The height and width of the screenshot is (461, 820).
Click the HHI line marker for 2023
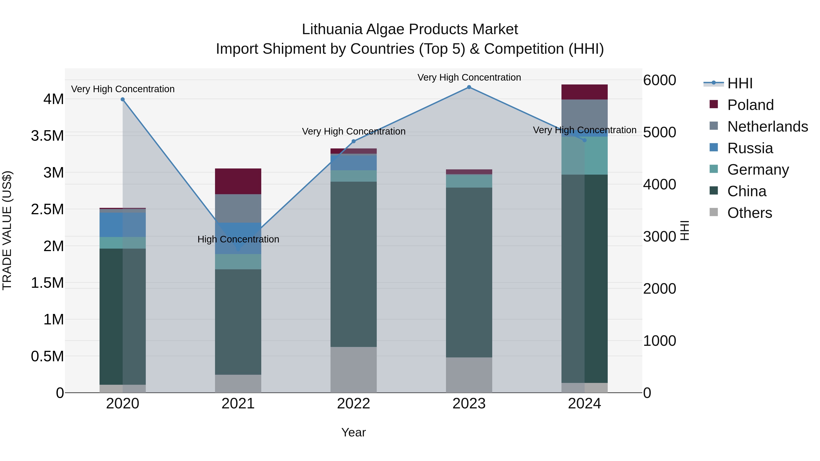(469, 87)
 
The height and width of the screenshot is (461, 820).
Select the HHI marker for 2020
(123, 99)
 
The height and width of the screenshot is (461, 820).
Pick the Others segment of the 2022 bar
(353, 369)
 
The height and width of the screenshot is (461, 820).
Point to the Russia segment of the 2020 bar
(123, 225)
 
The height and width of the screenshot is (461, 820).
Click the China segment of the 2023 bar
(469, 272)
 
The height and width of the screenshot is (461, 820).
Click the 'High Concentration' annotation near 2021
(238, 239)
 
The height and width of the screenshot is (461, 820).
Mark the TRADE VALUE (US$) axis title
(7, 230)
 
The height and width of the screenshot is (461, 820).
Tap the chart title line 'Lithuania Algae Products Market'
(410, 29)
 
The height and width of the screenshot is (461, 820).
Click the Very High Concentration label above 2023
(469, 77)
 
